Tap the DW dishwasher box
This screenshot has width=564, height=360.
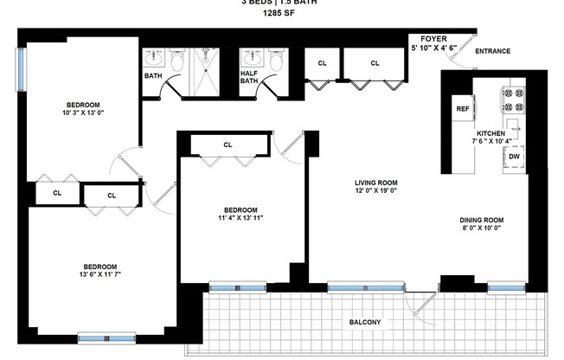[514, 157]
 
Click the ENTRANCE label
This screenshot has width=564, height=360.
[492, 51]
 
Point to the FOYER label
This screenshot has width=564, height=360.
[433, 39]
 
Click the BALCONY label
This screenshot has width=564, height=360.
[365, 323]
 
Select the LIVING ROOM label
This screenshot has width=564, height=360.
[375, 183]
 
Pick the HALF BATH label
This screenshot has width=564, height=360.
[248, 76]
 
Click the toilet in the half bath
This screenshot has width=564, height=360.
[276, 62]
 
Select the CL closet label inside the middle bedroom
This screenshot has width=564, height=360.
[228, 145]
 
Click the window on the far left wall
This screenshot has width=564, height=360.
[19, 67]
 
